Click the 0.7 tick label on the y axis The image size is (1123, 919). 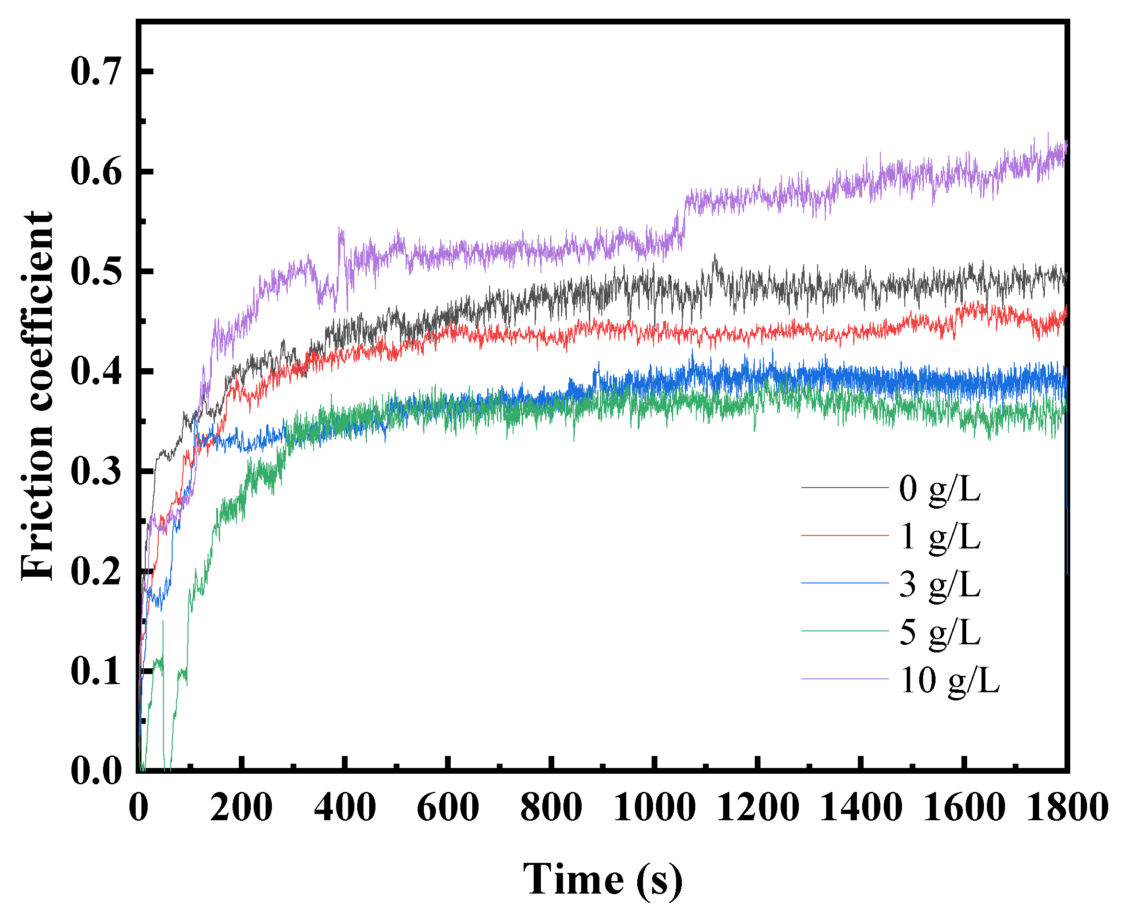point(96,71)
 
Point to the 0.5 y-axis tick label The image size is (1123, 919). point(96,271)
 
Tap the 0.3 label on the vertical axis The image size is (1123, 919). point(96,471)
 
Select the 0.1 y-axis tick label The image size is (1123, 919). point(96,671)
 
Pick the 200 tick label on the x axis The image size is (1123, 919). point(242,807)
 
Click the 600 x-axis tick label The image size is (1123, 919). point(448,807)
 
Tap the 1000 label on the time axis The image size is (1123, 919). point(655,807)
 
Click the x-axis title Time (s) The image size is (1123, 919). point(603,879)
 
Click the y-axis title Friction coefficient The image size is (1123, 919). point(37,396)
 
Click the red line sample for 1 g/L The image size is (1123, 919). point(844,536)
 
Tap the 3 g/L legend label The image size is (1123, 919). point(939,584)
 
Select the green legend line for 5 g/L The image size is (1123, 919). point(844,631)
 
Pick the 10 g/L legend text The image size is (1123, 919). point(949,680)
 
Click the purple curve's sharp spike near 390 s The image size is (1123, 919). point(340,233)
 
